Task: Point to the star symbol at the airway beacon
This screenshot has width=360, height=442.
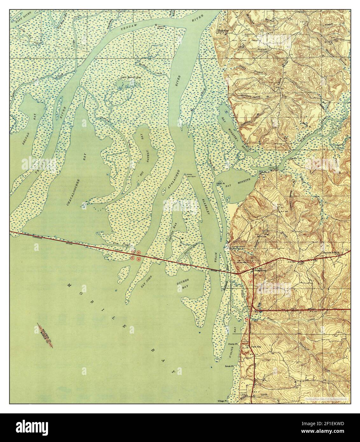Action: [x=156, y=25]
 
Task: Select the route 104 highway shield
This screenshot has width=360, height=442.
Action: [x=247, y=319]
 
